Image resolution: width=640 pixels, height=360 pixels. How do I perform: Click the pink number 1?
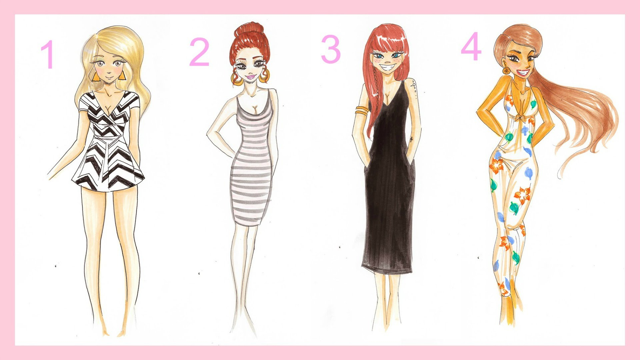[x=48, y=55]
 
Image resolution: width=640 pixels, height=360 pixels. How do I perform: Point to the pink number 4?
[x=471, y=47]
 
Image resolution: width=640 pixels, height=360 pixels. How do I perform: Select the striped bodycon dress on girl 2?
[x=252, y=167]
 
